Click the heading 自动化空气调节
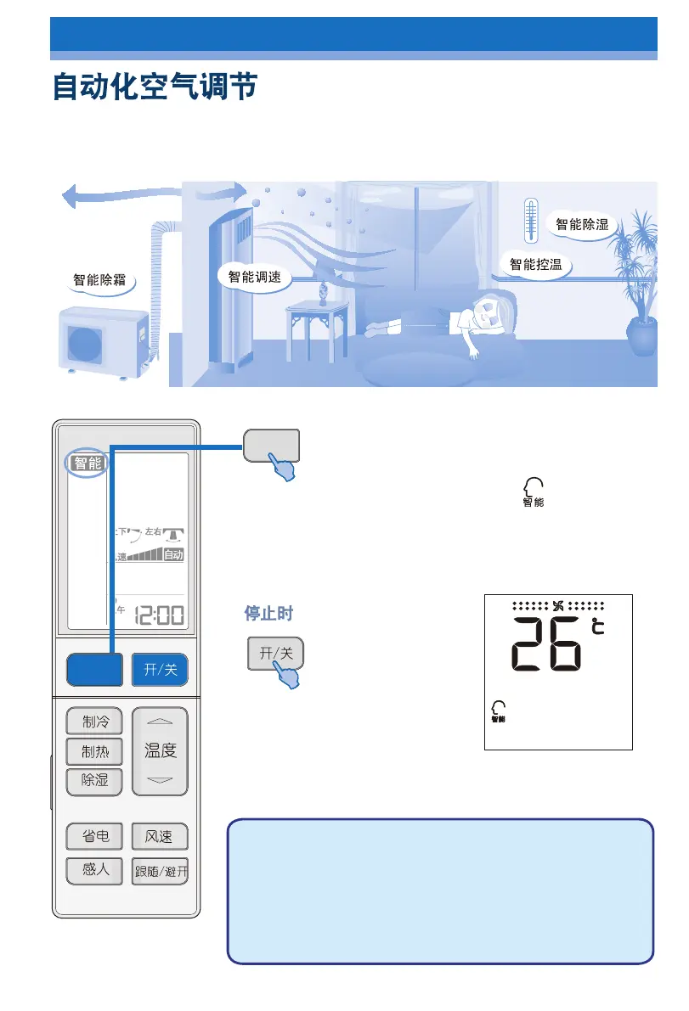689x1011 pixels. pos(155,87)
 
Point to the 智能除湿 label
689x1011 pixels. pos(582,224)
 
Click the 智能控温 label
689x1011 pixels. pos(536,264)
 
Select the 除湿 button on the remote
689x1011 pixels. pos(94,780)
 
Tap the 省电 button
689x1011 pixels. pos(94,837)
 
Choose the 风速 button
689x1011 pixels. pos(160,837)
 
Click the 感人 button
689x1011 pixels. pos(94,870)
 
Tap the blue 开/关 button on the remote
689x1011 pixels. pos(160,669)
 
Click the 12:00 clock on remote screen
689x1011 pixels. pos(160,615)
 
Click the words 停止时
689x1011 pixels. pos(269,613)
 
